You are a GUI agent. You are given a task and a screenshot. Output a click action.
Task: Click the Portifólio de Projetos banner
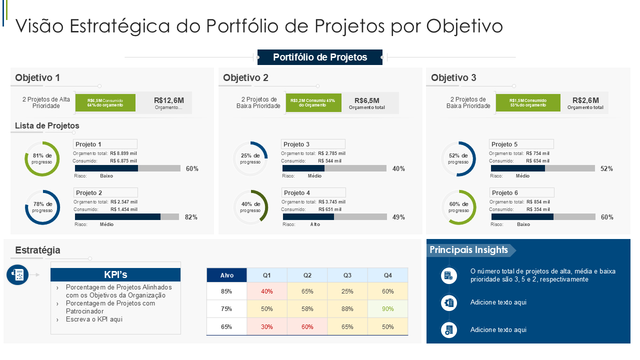pyautogui.click(x=320, y=57)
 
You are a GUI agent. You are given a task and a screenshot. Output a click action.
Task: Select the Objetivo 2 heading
pyautogui.click(x=245, y=77)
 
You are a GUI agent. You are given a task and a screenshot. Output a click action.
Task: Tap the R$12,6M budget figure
pyautogui.click(x=169, y=100)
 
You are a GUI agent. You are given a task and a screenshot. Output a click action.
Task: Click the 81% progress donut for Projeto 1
pyautogui.click(x=42, y=158)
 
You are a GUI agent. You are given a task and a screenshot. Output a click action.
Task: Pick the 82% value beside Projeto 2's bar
pyautogui.click(x=191, y=217)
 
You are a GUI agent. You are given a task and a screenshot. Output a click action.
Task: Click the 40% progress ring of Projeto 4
pyautogui.click(x=250, y=207)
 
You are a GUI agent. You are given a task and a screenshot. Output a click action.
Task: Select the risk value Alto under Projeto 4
pyautogui.click(x=315, y=224)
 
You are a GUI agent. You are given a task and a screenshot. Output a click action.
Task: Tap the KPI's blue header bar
pyautogui.click(x=115, y=274)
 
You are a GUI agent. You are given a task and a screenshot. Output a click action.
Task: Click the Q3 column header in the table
pyautogui.click(x=347, y=275)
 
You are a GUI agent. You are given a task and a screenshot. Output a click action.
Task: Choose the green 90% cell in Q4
pyautogui.click(x=387, y=309)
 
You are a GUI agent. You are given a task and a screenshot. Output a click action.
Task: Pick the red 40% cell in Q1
pyautogui.click(x=266, y=291)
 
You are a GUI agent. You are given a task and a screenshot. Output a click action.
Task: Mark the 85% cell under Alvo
pyautogui.click(x=226, y=291)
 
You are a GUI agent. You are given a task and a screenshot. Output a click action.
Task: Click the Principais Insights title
pyautogui.click(x=468, y=250)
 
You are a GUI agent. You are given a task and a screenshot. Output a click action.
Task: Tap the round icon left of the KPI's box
pyautogui.click(x=17, y=274)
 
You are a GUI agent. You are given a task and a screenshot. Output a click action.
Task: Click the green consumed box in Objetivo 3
pyautogui.click(x=527, y=102)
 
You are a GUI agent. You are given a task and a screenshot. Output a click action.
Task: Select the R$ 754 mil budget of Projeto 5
pyautogui.click(x=537, y=153)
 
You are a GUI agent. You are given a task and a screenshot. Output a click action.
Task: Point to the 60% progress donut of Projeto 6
pyautogui.click(x=458, y=207)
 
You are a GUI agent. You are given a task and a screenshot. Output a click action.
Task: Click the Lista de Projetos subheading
pyautogui.click(x=47, y=125)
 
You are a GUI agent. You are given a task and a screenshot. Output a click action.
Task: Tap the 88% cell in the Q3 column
pyautogui.click(x=347, y=309)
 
